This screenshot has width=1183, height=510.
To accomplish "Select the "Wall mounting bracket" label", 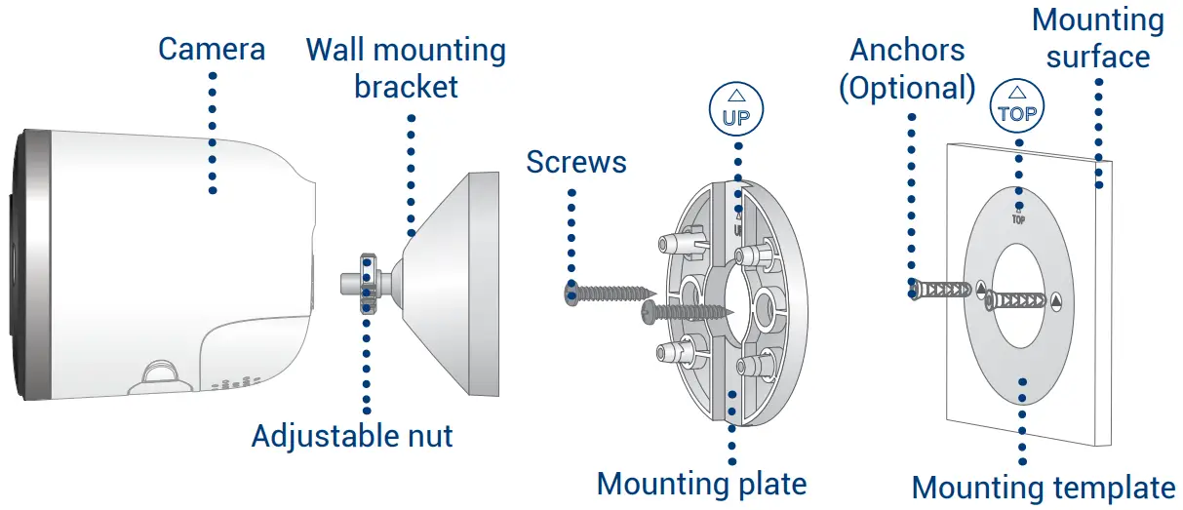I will (406, 67).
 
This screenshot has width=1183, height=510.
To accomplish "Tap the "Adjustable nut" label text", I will (352, 435).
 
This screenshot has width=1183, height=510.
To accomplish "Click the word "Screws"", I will (575, 161).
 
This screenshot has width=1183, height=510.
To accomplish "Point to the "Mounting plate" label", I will (701, 483).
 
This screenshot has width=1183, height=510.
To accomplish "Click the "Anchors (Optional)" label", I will (908, 68).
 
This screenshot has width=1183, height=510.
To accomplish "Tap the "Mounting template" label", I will (1044, 487).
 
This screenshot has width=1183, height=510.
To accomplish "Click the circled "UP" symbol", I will (736, 109).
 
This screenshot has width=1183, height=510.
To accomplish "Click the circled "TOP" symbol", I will (1016, 103).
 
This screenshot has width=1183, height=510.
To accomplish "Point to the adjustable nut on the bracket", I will (369, 283).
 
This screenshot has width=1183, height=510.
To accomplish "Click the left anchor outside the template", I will (940, 290).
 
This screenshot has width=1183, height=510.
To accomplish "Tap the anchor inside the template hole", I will (1019, 299).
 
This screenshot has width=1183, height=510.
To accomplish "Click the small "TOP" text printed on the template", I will (1018, 218).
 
